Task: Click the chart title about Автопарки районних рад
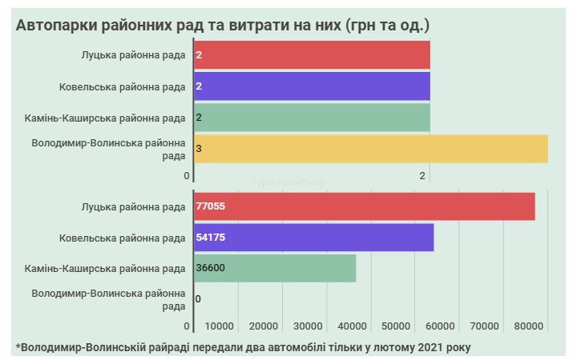pos(223,25)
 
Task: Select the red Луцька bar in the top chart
pos(312,55)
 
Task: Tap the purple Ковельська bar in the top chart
pos(312,86)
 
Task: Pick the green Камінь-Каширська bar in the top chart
pos(312,118)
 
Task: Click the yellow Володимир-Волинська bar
pos(370,149)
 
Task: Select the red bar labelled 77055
pos(365,206)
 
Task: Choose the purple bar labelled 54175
pos(313,238)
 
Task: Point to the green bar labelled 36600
pos(275,268)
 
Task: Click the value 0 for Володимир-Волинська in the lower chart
pos(198,299)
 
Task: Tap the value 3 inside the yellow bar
pos(198,149)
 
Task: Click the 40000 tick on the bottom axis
pos(353,326)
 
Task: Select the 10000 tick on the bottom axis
pos(220,326)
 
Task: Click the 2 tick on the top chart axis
pos(422,176)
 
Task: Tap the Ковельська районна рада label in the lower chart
pos(122,238)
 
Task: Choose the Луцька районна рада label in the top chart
pos(133,55)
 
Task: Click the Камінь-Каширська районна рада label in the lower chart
pos(105,268)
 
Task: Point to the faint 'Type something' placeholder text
pos(288,182)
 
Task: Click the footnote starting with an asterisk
pos(243,347)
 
